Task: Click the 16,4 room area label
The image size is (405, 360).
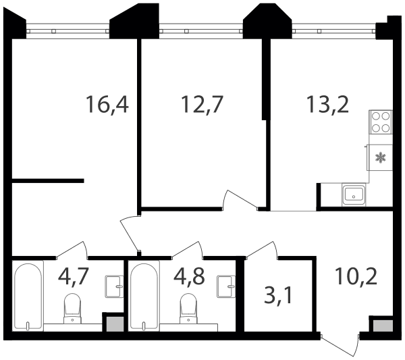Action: pos(107,105)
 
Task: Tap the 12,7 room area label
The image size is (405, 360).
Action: pos(202,105)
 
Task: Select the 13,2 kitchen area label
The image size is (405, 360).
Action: pos(327,105)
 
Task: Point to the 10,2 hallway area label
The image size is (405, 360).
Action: pos(356,276)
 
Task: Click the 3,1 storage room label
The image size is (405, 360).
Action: pos(278,296)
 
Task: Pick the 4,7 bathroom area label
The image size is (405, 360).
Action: pos(74,276)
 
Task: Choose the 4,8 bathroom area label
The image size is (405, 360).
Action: pos(189,276)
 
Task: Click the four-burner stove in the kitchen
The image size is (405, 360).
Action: pos(381,122)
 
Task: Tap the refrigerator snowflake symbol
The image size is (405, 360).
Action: pos(381,157)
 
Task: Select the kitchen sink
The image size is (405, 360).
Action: pos(354,195)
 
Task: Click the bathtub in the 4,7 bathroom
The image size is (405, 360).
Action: pos(28,296)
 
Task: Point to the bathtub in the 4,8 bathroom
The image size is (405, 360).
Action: pos(144,296)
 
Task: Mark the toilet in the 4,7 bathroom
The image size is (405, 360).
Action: pos(72,308)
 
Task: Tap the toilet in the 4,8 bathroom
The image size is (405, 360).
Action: pos(188,308)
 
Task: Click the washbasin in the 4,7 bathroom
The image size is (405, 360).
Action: pos(114,286)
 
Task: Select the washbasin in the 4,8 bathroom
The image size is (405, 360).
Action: pos(226,286)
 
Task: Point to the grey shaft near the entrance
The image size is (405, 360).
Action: pos(383,326)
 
